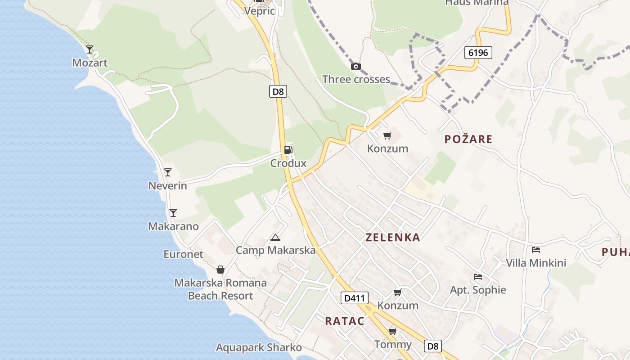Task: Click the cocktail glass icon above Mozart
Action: pos(90,49)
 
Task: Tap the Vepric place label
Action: pos(259,11)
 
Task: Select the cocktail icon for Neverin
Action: pos(168,172)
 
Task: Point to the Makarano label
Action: pos(173,226)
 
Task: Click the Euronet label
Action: pos(183,254)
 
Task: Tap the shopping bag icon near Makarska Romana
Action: pos(220,270)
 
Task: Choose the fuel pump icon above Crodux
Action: pos(288,150)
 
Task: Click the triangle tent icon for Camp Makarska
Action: pos(275,237)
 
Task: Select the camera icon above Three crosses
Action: pos(356,67)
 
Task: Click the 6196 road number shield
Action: pos(478,53)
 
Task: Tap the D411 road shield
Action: pos(355,298)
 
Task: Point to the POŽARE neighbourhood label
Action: pos(468,139)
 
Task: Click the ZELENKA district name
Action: pos(393,238)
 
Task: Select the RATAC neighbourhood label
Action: pos(345,321)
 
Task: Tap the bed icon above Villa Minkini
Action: pos(535,249)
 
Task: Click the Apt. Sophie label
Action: pos(478,290)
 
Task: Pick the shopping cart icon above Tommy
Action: pos(393,332)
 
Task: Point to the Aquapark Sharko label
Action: pos(259,348)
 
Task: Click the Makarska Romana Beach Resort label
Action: pos(220,289)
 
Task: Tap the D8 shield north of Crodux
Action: pos(279,92)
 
